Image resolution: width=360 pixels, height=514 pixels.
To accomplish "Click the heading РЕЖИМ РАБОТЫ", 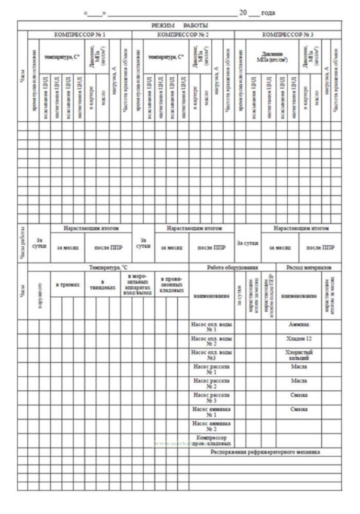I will [x=179, y=25].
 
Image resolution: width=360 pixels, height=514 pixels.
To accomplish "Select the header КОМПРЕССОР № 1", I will [x=80, y=35].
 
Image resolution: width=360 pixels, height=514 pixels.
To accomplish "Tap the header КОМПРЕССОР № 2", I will [x=183, y=35].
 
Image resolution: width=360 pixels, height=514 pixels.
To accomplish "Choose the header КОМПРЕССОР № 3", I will [x=288, y=35].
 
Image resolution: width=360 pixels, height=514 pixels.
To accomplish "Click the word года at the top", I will [x=268, y=13].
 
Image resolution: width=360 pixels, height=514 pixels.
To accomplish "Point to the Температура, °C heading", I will [x=108, y=267].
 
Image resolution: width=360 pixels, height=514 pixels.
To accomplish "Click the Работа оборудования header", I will [x=232, y=267].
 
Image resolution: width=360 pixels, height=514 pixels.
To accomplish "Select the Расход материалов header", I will [x=308, y=267].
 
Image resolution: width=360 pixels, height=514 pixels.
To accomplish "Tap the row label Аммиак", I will [x=299, y=325].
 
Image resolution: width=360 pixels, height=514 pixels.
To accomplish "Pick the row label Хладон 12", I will [x=299, y=339].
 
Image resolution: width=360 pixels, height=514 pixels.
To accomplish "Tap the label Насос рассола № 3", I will [x=211, y=398].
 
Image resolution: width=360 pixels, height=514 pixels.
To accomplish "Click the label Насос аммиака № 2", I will [x=211, y=426].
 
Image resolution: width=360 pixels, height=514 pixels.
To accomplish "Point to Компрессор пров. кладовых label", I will [x=211, y=441].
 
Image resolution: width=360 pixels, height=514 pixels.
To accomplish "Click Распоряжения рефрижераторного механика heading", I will [x=265, y=452].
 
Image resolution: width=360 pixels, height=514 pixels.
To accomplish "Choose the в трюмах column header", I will [x=68, y=284].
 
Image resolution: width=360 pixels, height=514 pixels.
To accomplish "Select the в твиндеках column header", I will [x=103, y=285].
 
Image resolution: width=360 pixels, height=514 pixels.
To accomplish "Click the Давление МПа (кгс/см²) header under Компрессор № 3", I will [x=272, y=57].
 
